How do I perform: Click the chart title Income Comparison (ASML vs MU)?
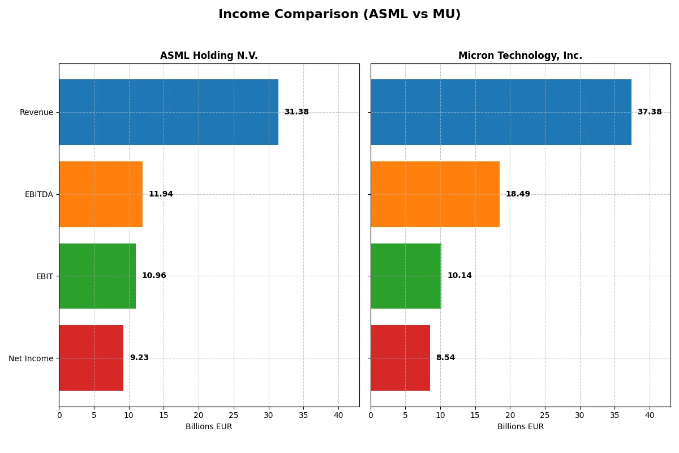339,15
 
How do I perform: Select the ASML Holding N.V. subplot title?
209,56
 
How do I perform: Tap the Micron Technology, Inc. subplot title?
520,56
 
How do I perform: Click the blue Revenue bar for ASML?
169,112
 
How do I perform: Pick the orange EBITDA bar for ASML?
101,194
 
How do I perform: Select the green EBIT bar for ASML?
97,276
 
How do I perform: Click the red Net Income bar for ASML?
91,358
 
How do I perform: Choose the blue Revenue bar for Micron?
501,112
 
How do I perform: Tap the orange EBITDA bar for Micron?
435,194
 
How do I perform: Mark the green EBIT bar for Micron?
406,276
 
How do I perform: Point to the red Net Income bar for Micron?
400,358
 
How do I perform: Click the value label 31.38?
296,112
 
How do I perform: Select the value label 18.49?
518,194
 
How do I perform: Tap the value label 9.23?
139,358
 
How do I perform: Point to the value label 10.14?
459,276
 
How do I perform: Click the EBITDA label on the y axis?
38,195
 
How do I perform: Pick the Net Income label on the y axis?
31,358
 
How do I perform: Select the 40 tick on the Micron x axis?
650,415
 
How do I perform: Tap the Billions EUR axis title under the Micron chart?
520,427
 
